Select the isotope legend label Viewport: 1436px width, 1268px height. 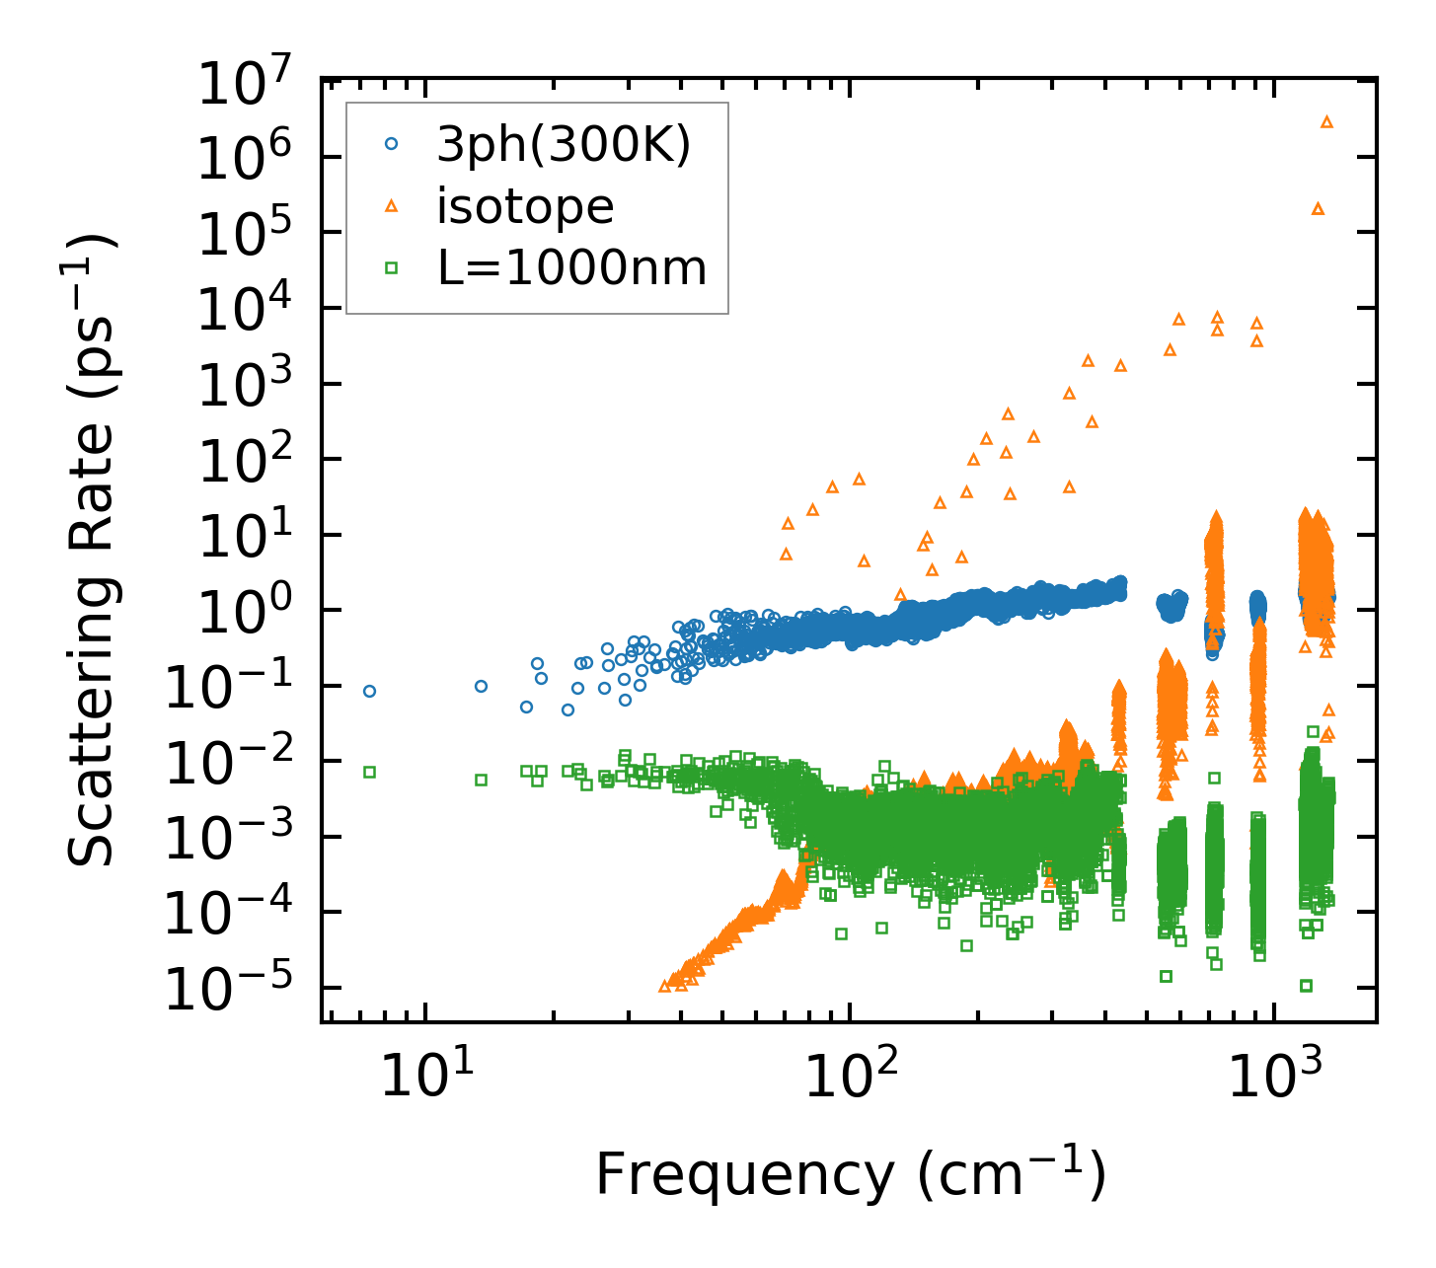pyautogui.click(x=526, y=206)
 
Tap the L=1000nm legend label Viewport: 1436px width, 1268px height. pyautogui.click(x=572, y=267)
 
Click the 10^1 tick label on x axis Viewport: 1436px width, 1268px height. pyautogui.click(x=425, y=1078)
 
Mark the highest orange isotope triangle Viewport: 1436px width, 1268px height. pyautogui.click(x=1326, y=121)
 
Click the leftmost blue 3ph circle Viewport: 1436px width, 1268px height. pyautogui.click(x=369, y=691)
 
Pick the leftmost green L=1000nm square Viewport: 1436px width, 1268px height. pyautogui.click(x=369, y=772)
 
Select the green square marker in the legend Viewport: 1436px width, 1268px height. pyautogui.click(x=391, y=267)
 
